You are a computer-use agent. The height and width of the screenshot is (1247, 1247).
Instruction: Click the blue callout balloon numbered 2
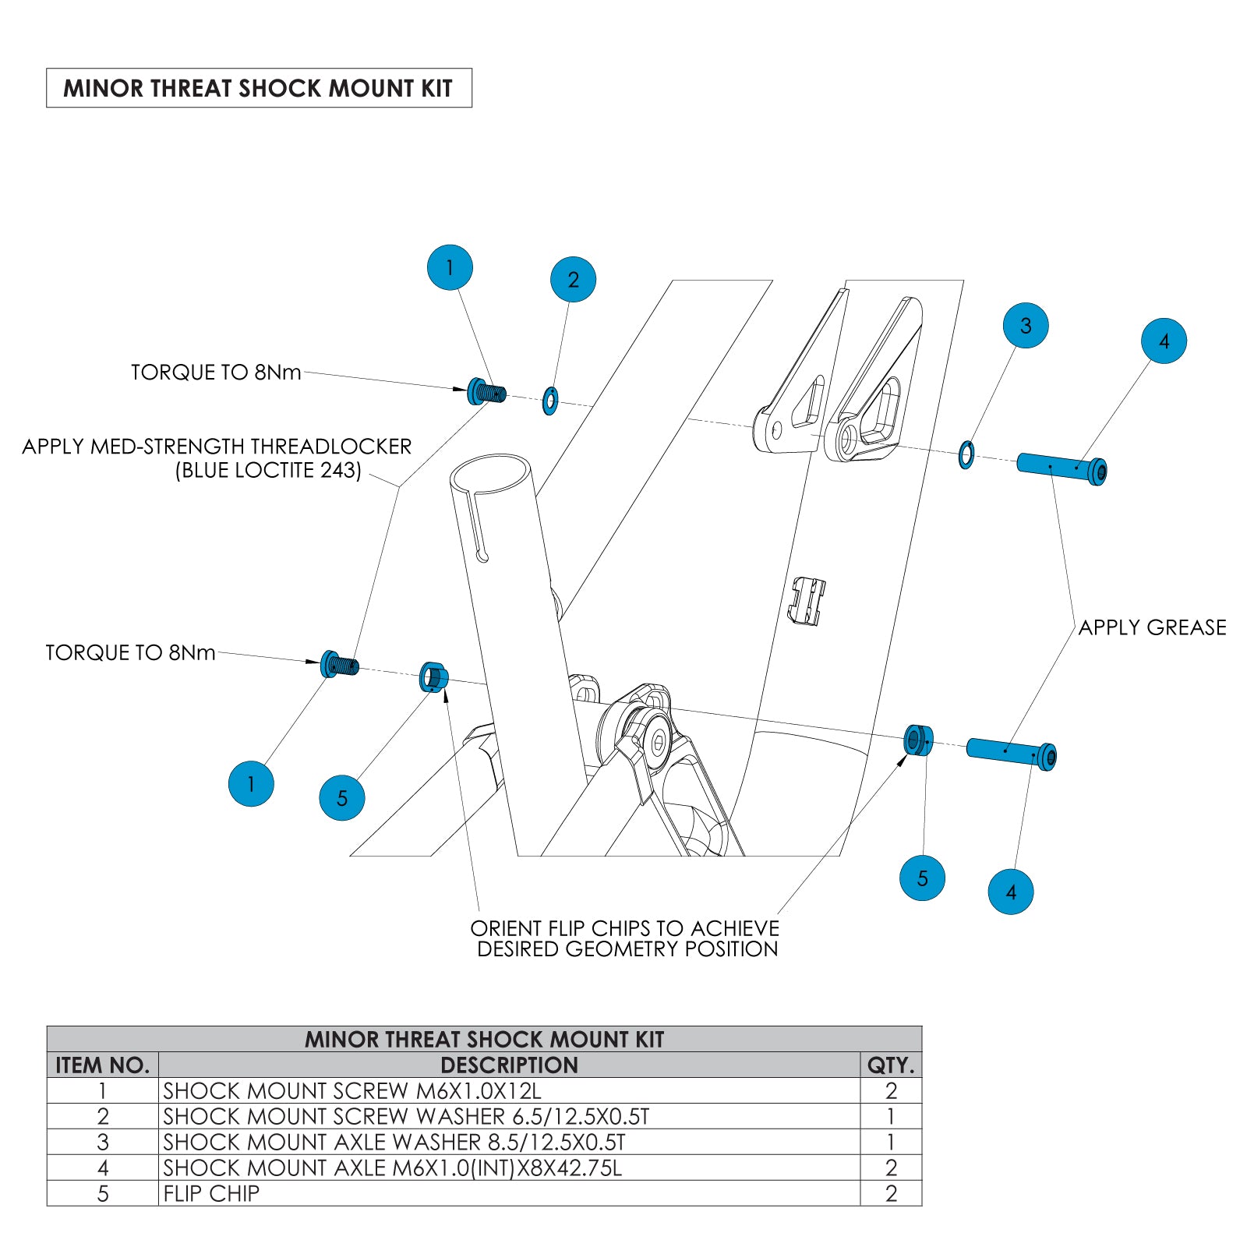pyautogui.click(x=573, y=279)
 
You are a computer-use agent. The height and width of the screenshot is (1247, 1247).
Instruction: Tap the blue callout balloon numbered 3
pyautogui.click(x=1025, y=325)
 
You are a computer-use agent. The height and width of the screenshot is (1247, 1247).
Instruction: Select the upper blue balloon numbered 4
pyautogui.click(x=1164, y=341)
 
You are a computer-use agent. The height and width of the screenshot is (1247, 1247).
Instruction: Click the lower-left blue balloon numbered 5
pyautogui.click(x=341, y=797)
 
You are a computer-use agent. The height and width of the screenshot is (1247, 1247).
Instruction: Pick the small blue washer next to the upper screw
pyautogui.click(x=549, y=401)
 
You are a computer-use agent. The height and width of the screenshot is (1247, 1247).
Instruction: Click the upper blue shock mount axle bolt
pyautogui.click(x=1062, y=468)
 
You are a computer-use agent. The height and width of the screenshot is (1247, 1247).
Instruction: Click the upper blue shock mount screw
pyautogui.click(x=486, y=391)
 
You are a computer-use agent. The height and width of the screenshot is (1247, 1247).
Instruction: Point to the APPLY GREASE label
pyautogui.click(x=1152, y=627)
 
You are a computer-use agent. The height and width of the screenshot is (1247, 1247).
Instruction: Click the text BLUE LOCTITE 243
pyautogui.click(x=268, y=471)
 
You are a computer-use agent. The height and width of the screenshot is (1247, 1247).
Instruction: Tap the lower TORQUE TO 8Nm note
pyautogui.click(x=130, y=652)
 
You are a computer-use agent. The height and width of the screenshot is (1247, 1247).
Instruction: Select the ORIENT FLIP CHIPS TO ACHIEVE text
pyautogui.click(x=624, y=928)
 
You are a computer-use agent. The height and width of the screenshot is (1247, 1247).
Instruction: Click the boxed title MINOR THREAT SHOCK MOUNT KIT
pyautogui.click(x=258, y=88)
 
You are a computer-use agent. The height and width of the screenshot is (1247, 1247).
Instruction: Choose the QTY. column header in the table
pyautogui.click(x=890, y=1065)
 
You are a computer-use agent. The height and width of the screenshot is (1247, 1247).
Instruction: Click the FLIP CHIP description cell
pyautogui.click(x=211, y=1193)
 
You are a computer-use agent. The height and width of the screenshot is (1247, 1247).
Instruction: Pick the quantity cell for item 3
pyautogui.click(x=890, y=1142)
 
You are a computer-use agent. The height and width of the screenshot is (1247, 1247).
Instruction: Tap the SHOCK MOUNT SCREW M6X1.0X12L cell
pyautogui.click(x=351, y=1090)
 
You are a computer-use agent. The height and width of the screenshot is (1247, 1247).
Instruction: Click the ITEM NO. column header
pyautogui.click(x=102, y=1065)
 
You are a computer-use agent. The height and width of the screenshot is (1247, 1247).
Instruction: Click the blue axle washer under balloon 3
pyautogui.click(x=966, y=454)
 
